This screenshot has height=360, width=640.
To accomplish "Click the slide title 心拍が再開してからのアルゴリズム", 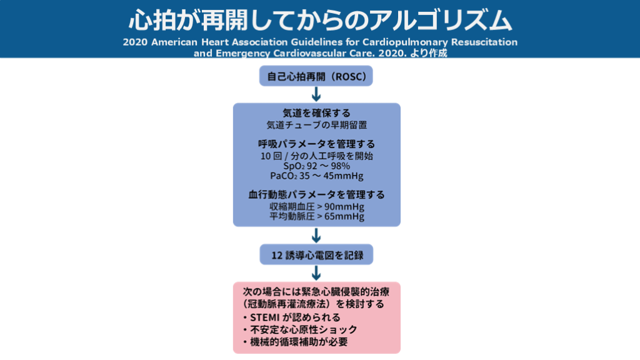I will [x=320, y=20].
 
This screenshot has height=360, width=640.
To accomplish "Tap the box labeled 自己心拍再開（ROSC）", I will [x=316, y=77].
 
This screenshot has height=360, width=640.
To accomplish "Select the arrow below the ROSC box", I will [x=316, y=94].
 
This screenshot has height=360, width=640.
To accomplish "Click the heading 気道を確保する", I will [x=316, y=114].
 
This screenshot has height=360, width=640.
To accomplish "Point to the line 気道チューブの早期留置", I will [x=316, y=125].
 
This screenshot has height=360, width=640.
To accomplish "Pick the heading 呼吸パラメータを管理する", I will [x=316, y=144].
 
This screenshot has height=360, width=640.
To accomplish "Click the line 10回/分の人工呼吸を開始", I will [x=316, y=156].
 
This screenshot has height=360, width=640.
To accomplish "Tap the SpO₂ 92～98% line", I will [x=316, y=166].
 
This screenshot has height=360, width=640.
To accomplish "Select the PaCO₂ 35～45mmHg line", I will [x=316, y=176].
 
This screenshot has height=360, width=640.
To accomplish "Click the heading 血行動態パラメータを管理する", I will [x=316, y=194].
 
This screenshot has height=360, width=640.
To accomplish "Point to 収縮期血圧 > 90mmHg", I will [x=316, y=206].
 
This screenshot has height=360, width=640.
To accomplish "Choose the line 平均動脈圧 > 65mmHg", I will [x=316, y=216].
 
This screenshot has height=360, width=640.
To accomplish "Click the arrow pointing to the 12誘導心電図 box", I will [x=316, y=235].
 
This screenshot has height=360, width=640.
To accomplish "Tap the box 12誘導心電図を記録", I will [x=316, y=254].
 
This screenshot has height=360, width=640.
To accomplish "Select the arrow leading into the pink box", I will [x=316, y=272].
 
